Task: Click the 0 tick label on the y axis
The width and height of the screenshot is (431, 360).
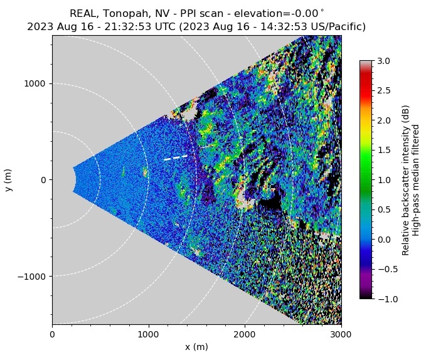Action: pos(44,180)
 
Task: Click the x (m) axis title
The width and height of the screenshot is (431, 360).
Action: pos(196,347)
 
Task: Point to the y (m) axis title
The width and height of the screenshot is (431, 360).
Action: pos(9,180)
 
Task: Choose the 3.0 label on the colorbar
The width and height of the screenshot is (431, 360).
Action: pos(384,61)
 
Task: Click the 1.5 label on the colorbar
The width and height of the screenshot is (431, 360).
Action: pos(384,151)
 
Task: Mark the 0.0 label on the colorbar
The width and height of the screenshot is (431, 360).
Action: pos(384,240)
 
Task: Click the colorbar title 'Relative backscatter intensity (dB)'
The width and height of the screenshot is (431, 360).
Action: pos(406,180)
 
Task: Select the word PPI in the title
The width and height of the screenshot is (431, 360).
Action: pos(178,14)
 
